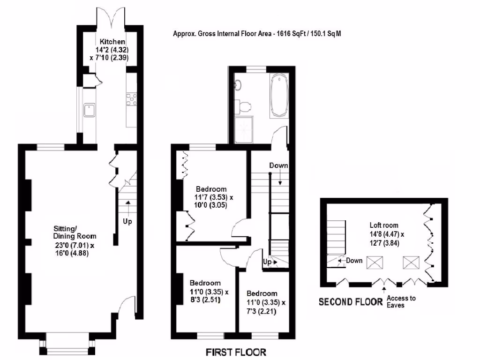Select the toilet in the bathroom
pos(244,106)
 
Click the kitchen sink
pos(88,111)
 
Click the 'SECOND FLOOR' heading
pos(351,302)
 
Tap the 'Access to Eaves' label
pos(400,301)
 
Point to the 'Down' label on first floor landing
pos(278,165)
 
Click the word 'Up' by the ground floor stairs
pos(127,221)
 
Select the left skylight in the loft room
pos(374,263)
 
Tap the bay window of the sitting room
pos(67,346)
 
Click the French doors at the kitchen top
pos(111,21)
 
